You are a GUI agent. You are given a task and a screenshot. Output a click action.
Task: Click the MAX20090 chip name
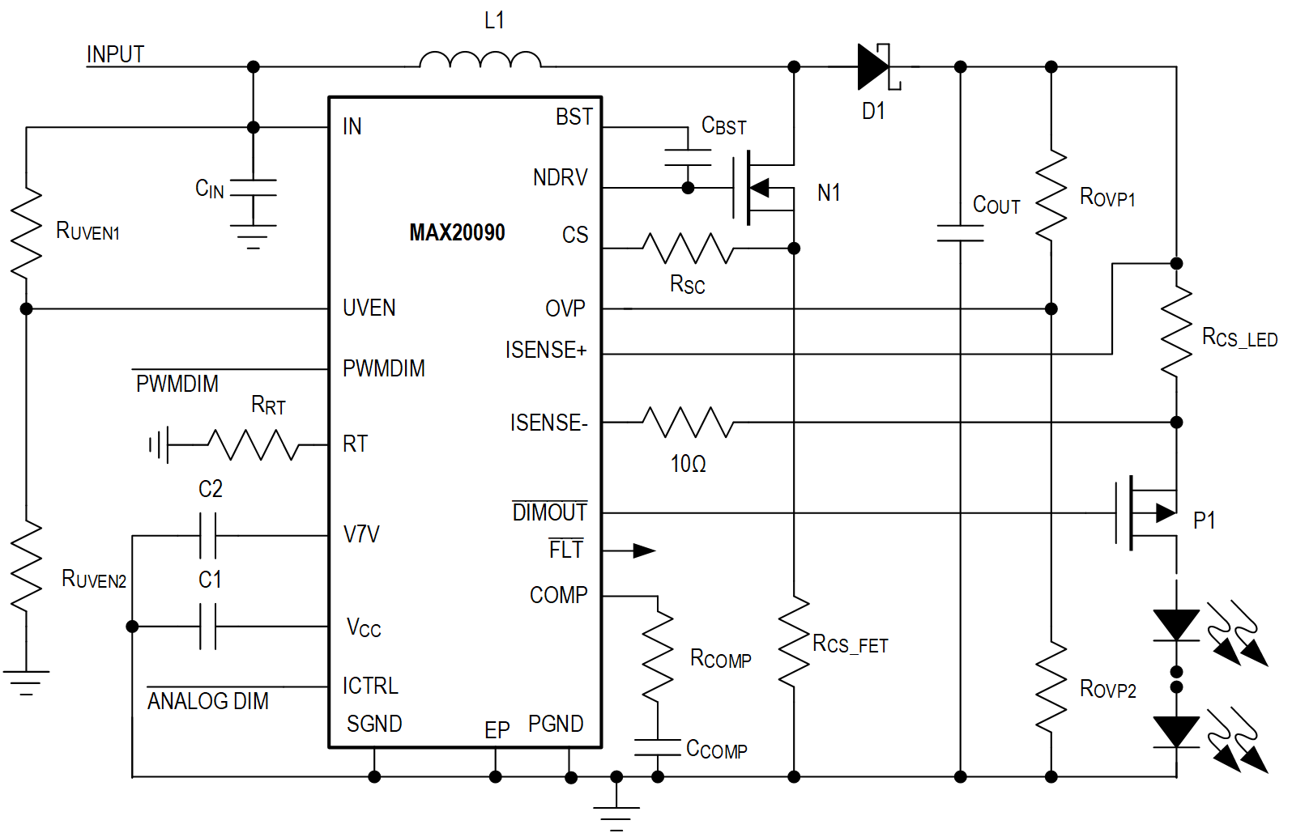click(x=457, y=233)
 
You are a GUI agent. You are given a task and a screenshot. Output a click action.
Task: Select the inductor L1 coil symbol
click(x=480, y=61)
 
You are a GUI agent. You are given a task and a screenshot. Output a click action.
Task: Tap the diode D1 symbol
click(x=875, y=66)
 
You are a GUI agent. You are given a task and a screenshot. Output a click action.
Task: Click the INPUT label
click(x=115, y=54)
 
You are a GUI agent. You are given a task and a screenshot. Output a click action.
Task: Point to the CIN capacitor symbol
click(x=253, y=188)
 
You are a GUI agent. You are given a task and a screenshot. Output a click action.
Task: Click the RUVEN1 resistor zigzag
click(x=26, y=232)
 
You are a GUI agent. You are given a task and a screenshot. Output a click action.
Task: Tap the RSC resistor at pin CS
click(x=688, y=249)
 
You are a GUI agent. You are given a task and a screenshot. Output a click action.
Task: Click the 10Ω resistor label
click(x=688, y=464)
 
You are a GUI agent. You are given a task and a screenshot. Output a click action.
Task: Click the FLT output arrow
click(x=643, y=551)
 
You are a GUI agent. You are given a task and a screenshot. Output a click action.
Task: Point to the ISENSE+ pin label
click(x=546, y=350)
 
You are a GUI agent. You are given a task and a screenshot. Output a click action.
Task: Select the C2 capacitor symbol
click(x=208, y=535)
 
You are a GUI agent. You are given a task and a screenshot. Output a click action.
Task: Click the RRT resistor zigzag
click(x=254, y=444)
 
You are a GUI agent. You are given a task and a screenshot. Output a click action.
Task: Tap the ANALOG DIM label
click(x=207, y=701)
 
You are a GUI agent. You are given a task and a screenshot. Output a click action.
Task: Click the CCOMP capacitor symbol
click(x=658, y=747)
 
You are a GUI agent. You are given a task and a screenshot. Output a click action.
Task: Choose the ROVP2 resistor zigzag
click(x=1051, y=688)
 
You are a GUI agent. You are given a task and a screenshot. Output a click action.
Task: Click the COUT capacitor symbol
click(x=960, y=233)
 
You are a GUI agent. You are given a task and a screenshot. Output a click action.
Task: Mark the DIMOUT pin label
click(x=549, y=512)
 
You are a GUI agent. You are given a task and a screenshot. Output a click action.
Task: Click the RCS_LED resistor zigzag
click(x=1176, y=332)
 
